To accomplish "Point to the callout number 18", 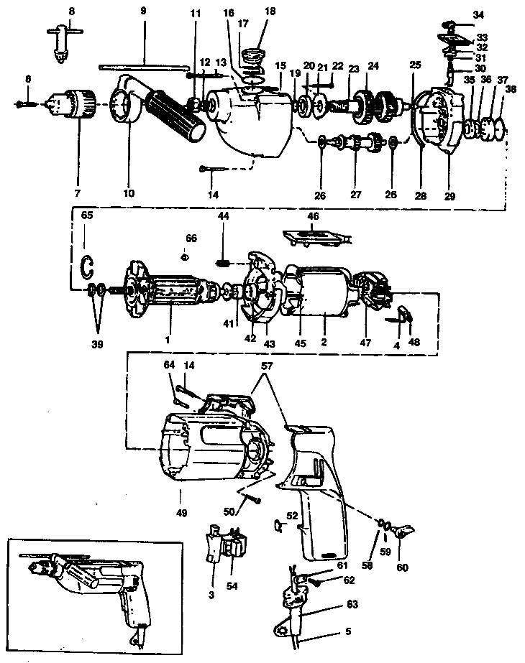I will point(270,12).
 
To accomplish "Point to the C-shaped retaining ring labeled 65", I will point(87,266).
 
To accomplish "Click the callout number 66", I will point(191,238).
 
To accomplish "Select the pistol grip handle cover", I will point(316,488).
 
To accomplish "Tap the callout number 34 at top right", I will point(479,14).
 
